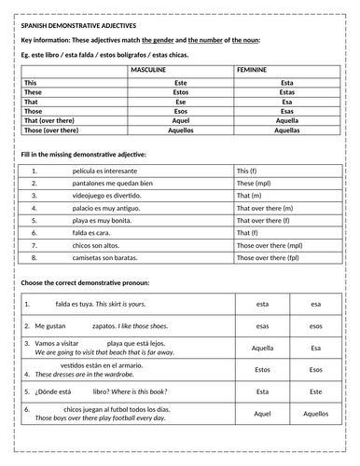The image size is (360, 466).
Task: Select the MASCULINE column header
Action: click(179, 71)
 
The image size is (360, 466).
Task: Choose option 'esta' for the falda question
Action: click(261, 303)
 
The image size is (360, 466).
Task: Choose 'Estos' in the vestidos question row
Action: click(262, 370)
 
